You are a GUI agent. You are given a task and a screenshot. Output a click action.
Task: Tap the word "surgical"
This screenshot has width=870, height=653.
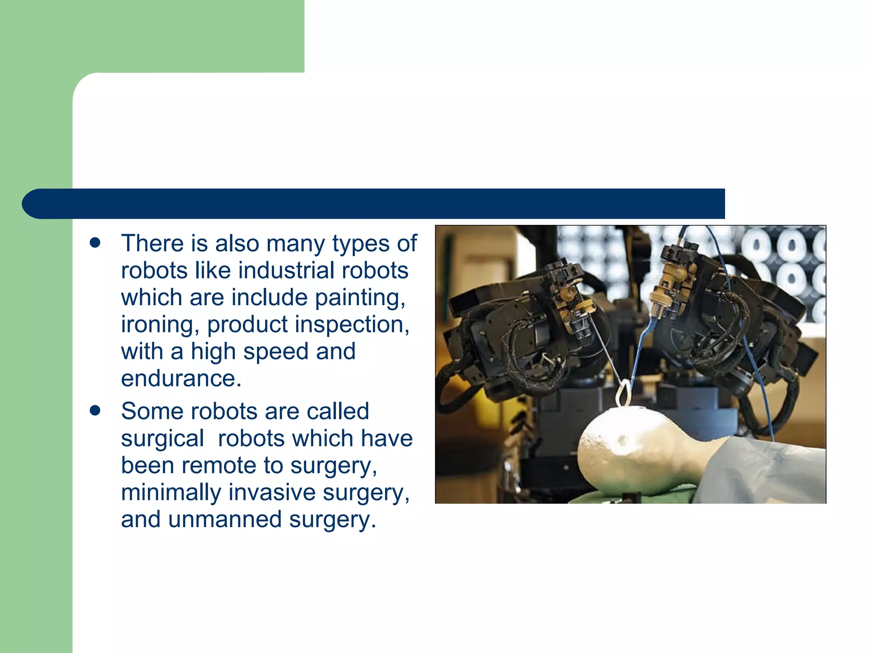click(x=162, y=439)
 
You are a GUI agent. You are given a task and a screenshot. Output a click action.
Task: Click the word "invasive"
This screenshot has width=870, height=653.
click(x=272, y=493)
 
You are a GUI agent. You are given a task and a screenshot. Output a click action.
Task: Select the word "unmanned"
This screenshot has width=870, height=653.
click(x=225, y=520)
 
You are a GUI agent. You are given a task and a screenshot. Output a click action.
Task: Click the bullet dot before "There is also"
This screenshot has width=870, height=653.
click(x=95, y=243)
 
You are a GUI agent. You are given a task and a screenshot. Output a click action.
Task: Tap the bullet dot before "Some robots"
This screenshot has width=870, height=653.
click(x=95, y=411)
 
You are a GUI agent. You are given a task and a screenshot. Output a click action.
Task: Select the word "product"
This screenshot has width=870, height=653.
click(x=247, y=325)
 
